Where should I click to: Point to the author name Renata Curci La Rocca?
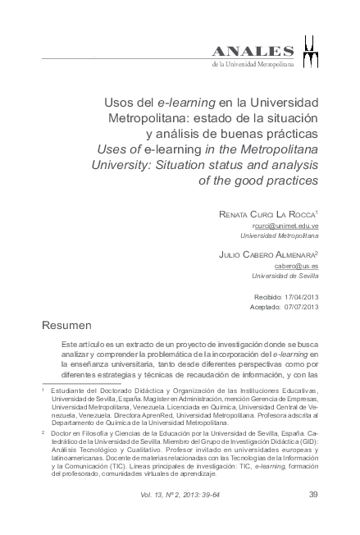click(267, 213)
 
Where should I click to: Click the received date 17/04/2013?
click(300, 295)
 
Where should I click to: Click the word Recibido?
click(265, 295)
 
